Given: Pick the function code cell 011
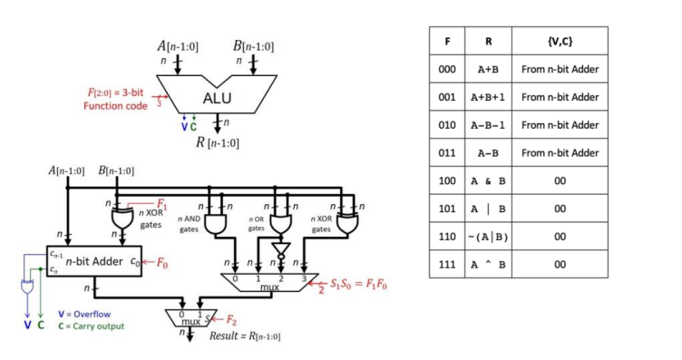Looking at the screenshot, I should [x=447, y=152].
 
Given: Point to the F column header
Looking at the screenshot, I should [x=447, y=41].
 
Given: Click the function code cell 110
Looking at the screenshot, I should [x=447, y=236].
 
